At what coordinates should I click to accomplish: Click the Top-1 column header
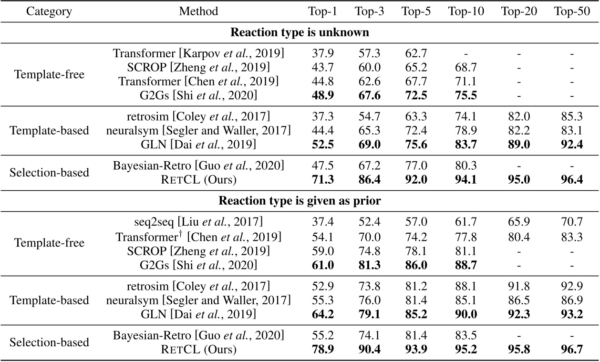click(323, 11)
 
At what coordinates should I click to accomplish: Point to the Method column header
click(198, 11)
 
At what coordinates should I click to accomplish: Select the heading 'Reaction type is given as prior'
click(300, 201)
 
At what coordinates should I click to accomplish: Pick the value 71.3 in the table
click(323, 179)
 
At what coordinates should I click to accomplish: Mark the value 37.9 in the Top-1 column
click(323, 53)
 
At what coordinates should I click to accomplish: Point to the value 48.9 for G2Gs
click(323, 95)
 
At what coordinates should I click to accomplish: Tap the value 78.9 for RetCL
click(323, 350)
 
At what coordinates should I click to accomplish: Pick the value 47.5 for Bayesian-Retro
click(323, 165)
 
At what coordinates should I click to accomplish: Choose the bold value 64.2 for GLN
click(323, 314)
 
